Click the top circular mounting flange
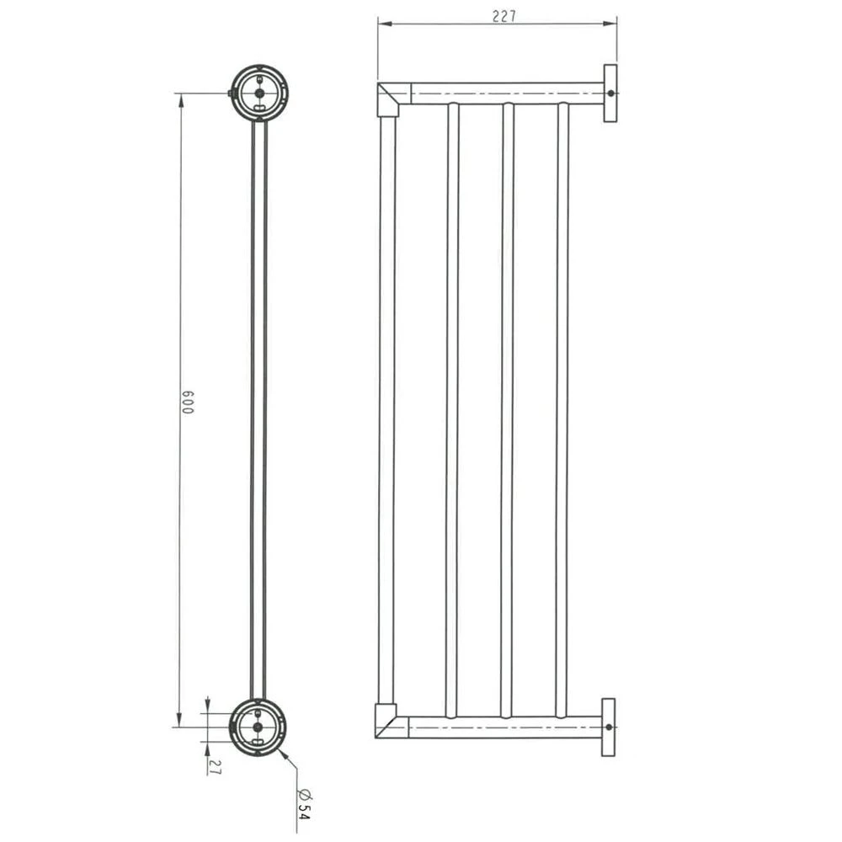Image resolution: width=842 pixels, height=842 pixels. pos(259,93)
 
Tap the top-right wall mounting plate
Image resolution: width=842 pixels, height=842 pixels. pos(610,93)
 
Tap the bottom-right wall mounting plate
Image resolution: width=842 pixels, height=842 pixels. pos(608,727)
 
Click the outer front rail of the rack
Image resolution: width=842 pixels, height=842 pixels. pos(386,408)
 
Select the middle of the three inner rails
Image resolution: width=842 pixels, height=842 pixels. pos(508,408)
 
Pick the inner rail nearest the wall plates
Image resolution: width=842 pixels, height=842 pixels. pos(562,408)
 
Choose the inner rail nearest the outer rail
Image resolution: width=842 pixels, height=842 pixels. pos(452,408)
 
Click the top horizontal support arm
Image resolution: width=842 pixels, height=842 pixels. pos(505,93)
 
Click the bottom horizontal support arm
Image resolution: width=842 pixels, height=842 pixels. pos(505,727)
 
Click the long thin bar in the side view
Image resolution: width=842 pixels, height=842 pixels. pos(258,408)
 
